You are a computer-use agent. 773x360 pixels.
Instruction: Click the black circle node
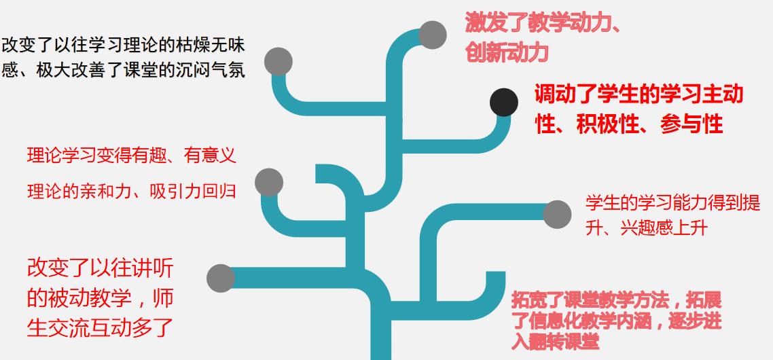coord(504,103)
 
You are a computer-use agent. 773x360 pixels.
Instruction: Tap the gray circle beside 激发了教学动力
coord(432,35)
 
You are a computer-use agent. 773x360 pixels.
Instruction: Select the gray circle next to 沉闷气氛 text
coord(278,61)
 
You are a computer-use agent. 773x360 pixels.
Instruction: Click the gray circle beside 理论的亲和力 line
coord(268,182)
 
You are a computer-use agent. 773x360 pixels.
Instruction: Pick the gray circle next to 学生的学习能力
coord(557,215)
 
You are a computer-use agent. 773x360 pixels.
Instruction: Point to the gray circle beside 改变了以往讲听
coord(220,278)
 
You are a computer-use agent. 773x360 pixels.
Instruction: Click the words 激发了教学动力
coord(541,23)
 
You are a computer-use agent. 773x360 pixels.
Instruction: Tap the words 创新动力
coord(507,52)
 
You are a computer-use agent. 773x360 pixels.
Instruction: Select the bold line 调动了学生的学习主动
coord(639,94)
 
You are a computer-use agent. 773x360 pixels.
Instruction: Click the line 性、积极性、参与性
coord(628,124)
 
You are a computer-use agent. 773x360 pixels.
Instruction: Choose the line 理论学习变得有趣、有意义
coord(131,156)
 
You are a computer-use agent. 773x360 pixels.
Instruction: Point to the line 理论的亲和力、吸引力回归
coord(131,192)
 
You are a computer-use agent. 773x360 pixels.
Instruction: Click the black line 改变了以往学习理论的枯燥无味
coord(123,46)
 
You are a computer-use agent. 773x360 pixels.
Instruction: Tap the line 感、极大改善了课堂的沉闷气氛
coord(123,70)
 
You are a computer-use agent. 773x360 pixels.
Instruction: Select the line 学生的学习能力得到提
coord(672,202)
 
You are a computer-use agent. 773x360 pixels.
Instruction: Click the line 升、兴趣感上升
coord(647,228)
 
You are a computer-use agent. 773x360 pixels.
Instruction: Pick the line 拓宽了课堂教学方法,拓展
coord(616,300)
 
